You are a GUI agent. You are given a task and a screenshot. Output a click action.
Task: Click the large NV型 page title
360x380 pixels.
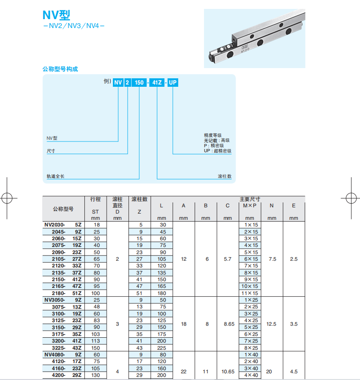56,15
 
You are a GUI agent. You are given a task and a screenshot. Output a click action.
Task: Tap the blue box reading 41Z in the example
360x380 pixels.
156,82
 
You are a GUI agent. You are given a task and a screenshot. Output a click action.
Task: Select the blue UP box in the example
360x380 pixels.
173,82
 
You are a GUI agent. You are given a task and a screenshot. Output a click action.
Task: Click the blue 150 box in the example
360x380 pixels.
140,82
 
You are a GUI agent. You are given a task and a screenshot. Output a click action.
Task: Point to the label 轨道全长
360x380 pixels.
56,176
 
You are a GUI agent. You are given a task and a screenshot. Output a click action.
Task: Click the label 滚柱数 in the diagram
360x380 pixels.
224,176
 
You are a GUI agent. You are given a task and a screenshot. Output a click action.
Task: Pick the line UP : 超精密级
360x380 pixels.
217,151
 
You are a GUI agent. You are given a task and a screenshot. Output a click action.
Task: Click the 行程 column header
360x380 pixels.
96,199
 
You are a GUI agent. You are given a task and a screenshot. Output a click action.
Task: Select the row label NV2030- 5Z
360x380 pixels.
64,225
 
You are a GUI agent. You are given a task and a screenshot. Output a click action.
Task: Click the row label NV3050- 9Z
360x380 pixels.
64,300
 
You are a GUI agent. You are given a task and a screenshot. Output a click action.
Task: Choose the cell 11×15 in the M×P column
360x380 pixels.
251,293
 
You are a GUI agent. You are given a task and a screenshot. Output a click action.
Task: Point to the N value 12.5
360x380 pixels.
271,324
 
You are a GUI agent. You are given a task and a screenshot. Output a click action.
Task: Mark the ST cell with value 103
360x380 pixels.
96,334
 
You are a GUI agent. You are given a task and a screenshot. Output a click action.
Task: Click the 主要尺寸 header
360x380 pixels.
250,199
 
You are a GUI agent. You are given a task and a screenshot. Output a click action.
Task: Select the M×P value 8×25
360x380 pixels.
251,348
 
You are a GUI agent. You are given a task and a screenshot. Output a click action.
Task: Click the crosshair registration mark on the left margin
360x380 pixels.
8,197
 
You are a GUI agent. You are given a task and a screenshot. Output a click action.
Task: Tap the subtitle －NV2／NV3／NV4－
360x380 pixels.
74,26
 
